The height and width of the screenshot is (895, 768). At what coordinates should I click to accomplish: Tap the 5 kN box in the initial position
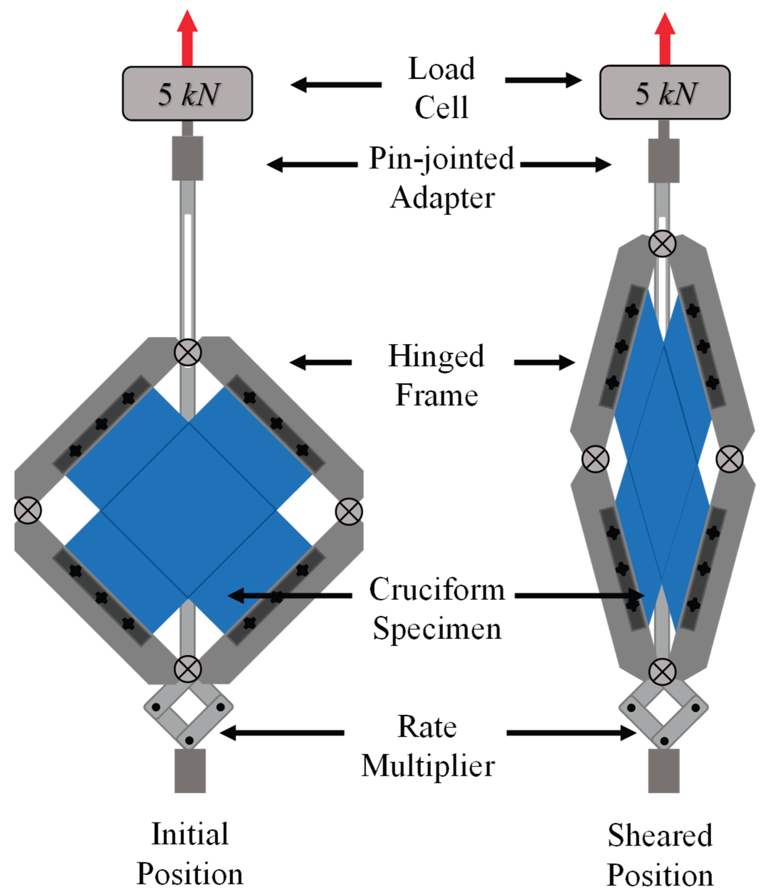pos(187,93)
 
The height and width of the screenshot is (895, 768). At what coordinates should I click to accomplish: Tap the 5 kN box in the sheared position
pos(665,92)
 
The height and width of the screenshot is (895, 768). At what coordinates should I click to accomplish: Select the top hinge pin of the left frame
pos(188,352)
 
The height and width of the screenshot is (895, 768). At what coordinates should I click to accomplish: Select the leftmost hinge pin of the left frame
pos(28,510)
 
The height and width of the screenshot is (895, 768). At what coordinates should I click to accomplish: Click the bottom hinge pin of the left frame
pos(188,669)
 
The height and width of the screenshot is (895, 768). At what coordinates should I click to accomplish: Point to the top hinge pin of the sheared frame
pos(662,244)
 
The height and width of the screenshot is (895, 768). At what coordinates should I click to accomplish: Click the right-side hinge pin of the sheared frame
pos(730,459)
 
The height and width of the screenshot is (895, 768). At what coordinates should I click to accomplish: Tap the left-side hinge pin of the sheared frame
pos(596,459)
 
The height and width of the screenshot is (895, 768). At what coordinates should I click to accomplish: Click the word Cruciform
pos(437,589)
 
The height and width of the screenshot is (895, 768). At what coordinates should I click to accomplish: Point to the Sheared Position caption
pos(660,854)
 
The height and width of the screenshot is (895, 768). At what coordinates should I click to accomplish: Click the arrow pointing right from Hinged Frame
pos(545,362)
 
